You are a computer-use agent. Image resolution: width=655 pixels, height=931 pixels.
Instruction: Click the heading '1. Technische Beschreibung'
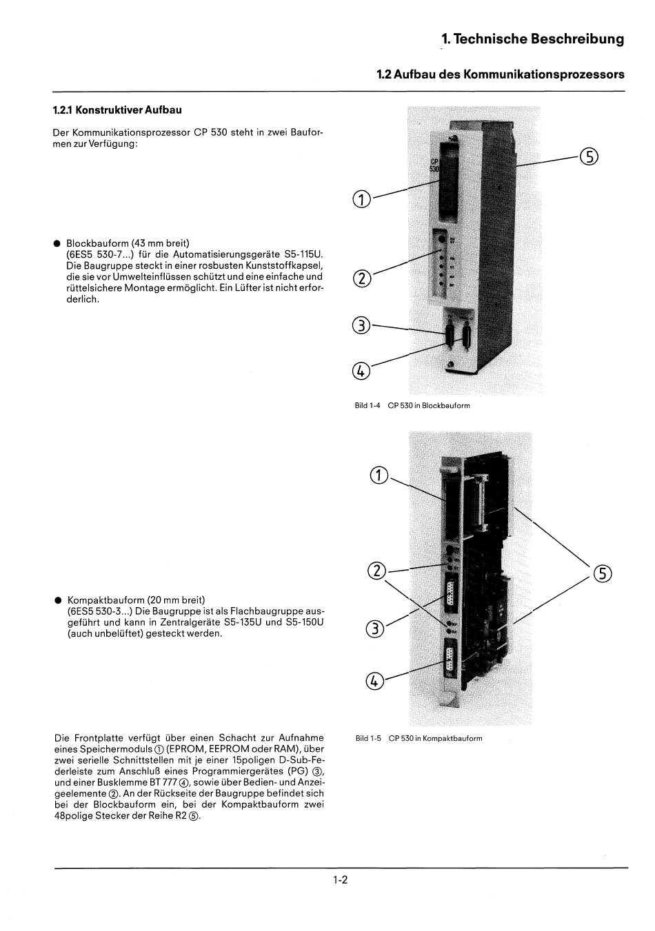point(533,39)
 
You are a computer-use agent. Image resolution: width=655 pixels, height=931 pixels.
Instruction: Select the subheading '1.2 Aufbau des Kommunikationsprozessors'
point(501,74)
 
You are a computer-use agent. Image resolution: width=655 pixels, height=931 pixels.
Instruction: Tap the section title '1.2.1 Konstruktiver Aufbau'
point(117,110)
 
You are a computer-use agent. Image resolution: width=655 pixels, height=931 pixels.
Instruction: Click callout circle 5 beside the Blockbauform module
point(589,157)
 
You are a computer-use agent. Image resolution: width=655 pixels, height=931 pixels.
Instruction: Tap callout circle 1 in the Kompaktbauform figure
point(379,475)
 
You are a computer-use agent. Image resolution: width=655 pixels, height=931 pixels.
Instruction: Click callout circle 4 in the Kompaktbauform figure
point(374,681)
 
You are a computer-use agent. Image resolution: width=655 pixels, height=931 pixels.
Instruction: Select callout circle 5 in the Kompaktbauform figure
point(603,574)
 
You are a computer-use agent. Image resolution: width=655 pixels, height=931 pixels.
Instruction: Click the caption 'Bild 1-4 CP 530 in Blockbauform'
point(412,406)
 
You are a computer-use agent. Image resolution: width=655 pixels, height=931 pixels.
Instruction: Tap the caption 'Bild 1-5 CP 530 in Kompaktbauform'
point(419,739)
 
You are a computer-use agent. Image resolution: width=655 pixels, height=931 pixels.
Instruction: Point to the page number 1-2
point(339,880)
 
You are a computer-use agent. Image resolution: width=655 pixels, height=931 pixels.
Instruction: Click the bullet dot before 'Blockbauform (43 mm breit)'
point(58,243)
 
